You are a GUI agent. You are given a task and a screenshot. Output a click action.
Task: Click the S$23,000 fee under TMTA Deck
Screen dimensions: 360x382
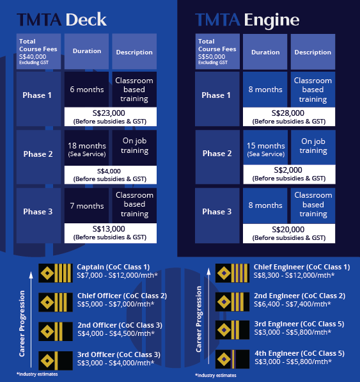[109, 113]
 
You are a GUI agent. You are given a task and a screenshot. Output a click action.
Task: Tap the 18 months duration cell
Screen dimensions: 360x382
[86, 148]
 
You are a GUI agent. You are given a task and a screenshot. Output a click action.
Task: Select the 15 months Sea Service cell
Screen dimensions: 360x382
[265, 147]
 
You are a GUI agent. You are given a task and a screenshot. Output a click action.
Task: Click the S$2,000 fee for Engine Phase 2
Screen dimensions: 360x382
[288, 170]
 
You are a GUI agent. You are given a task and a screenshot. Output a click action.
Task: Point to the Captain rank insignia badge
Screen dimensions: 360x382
[56, 273]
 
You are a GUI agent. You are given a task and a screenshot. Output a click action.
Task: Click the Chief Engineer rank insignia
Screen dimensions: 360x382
[232, 273]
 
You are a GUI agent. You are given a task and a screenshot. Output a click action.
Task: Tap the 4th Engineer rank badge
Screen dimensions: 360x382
[232, 359]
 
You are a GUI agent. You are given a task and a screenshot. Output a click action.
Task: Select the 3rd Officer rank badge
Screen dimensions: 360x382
[56, 360]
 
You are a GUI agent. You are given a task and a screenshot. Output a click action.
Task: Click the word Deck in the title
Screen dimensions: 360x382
[86, 19]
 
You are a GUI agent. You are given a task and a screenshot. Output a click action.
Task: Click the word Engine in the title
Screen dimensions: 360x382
[272, 20]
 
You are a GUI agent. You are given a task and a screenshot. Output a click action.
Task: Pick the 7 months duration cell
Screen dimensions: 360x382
[86, 205]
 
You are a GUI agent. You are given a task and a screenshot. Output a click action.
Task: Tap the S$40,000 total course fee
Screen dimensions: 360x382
[33, 57]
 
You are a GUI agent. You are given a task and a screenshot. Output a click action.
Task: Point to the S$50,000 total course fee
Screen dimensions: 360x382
[212, 57]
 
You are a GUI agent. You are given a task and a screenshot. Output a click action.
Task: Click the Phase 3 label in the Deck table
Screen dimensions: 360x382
[38, 211]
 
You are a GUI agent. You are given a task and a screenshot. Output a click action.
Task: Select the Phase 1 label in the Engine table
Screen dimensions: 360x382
[216, 95]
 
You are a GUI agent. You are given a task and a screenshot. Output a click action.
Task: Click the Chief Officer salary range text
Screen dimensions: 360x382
[116, 304]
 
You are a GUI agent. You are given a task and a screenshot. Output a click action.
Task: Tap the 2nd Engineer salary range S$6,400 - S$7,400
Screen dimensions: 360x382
[292, 304]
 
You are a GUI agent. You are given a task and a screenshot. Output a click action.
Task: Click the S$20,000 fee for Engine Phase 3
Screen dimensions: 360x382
[288, 230]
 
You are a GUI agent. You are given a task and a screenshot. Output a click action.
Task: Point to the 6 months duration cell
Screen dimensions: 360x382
[86, 89]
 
